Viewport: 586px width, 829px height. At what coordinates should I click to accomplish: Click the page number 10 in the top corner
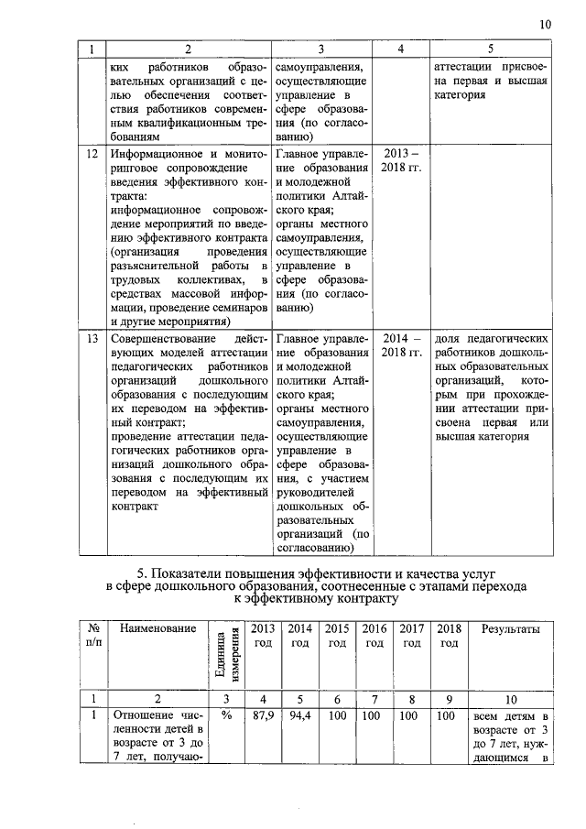click(546, 25)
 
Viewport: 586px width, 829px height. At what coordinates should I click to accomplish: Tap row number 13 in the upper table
click(92, 338)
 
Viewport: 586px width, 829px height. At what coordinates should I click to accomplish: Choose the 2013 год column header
click(263, 636)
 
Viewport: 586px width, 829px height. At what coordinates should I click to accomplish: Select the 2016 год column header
click(374, 636)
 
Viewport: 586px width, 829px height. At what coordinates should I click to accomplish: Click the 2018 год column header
click(448, 636)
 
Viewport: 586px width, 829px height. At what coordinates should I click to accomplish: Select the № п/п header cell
click(92, 636)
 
